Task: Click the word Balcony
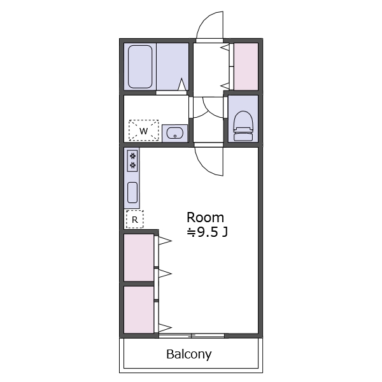tap(189, 355)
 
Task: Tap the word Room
tap(205, 217)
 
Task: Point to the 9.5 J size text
tap(207, 232)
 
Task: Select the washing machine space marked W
tap(144, 131)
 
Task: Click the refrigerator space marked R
tap(135, 220)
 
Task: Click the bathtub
tap(140, 66)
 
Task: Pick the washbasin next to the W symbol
tap(174, 133)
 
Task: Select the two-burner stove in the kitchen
tap(132, 161)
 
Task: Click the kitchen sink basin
tap(132, 192)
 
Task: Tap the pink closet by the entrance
tap(246, 66)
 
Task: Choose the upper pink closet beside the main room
tap(139, 257)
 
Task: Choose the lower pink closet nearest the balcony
tap(139, 309)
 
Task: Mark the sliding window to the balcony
tap(192, 336)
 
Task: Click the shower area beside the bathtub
tap(173, 66)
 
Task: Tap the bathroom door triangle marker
tap(182, 84)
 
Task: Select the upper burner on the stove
tap(132, 155)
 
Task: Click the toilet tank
tap(243, 136)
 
